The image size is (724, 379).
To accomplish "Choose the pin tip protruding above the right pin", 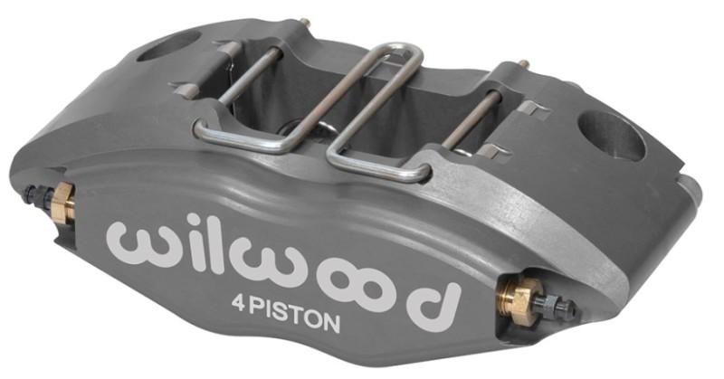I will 522,64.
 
